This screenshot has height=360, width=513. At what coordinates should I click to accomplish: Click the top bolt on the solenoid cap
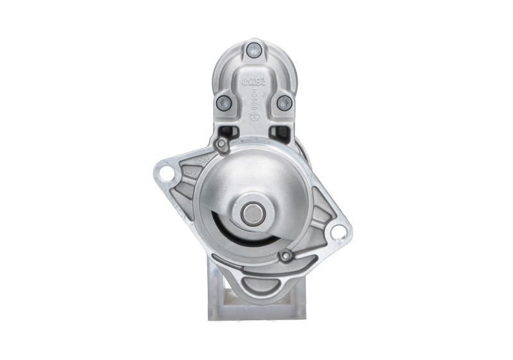[x=254, y=48]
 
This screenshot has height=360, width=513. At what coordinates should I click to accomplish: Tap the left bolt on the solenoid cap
[x=223, y=101]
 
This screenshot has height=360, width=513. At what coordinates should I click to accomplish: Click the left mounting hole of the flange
[x=166, y=173]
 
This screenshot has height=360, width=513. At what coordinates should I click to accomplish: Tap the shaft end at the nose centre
[x=251, y=214]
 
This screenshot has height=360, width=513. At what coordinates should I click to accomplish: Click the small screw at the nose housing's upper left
[x=221, y=146]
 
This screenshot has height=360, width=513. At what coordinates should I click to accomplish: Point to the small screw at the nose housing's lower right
[x=286, y=257]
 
